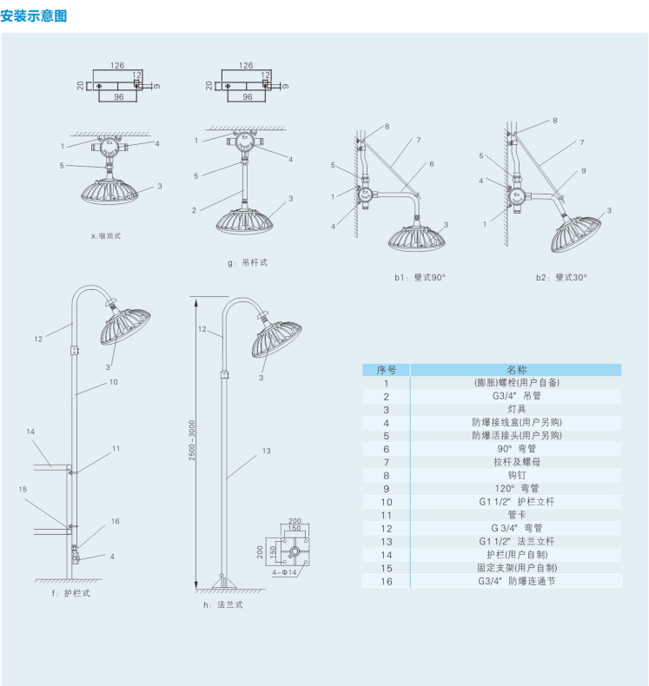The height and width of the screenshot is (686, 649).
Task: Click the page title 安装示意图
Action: tap(35, 16)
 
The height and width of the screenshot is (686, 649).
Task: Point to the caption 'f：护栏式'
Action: tap(71, 593)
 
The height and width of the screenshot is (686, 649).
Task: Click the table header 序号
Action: tap(386, 369)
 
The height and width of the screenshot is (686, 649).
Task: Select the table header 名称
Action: tap(516, 369)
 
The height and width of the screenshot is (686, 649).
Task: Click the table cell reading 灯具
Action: tap(516, 409)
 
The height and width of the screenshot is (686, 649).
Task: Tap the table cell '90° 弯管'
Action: tap(516, 449)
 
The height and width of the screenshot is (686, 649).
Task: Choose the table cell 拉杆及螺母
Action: tap(516, 462)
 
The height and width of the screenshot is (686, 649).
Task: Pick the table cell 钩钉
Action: tap(516, 475)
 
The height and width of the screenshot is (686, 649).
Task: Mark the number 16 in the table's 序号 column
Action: tap(386, 581)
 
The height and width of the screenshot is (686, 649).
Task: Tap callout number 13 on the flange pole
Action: tap(266, 451)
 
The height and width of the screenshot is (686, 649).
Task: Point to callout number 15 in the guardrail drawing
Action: tap(23, 490)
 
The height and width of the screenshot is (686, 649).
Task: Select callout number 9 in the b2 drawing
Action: tap(584, 171)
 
